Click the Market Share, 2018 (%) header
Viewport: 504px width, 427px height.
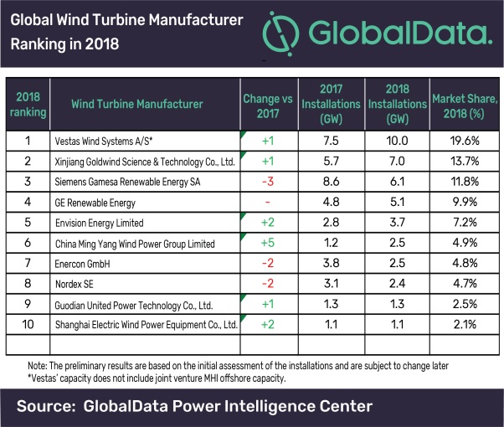pyautogui.click(x=465, y=105)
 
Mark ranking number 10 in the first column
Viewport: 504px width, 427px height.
pyautogui.click(x=26, y=323)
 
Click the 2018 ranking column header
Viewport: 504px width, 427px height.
pyautogui.click(x=26, y=105)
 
